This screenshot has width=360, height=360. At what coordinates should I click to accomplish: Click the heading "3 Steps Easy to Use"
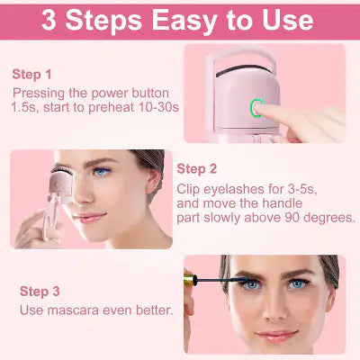point(180,20)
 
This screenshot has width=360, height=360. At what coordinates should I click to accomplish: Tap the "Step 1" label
point(32,74)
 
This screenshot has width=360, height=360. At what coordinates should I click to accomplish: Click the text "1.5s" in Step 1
point(26,107)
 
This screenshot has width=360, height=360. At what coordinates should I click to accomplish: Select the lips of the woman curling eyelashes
point(88,217)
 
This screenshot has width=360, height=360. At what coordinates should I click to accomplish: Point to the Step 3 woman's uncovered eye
point(307,287)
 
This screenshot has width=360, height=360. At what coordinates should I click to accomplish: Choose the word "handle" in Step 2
point(303,203)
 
